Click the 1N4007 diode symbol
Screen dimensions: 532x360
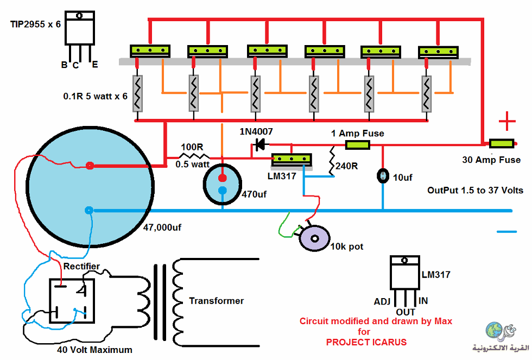[260, 145]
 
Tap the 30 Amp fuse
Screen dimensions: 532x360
[502, 143]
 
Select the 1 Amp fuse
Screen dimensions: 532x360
[358, 145]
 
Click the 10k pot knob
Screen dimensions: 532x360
[314, 238]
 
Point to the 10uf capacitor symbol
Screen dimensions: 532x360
[383, 176]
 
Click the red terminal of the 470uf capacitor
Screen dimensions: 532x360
[222, 178]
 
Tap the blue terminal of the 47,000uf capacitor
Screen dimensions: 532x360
[89, 210]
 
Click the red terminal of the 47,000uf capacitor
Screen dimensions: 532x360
[90, 166]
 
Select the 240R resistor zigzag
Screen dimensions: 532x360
[332, 161]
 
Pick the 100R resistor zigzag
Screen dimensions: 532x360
[194, 156]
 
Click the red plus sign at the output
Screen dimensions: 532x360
[507, 121]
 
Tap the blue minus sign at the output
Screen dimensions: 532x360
[507, 232]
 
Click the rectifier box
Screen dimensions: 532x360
[72, 301]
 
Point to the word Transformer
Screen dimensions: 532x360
[217, 301]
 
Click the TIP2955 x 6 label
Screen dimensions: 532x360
[35, 24]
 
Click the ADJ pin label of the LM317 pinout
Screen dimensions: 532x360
[382, 302]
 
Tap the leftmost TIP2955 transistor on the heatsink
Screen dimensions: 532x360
[150, 50]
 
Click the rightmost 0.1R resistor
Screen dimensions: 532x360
[427, 93]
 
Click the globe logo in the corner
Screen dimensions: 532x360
[495, 331]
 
